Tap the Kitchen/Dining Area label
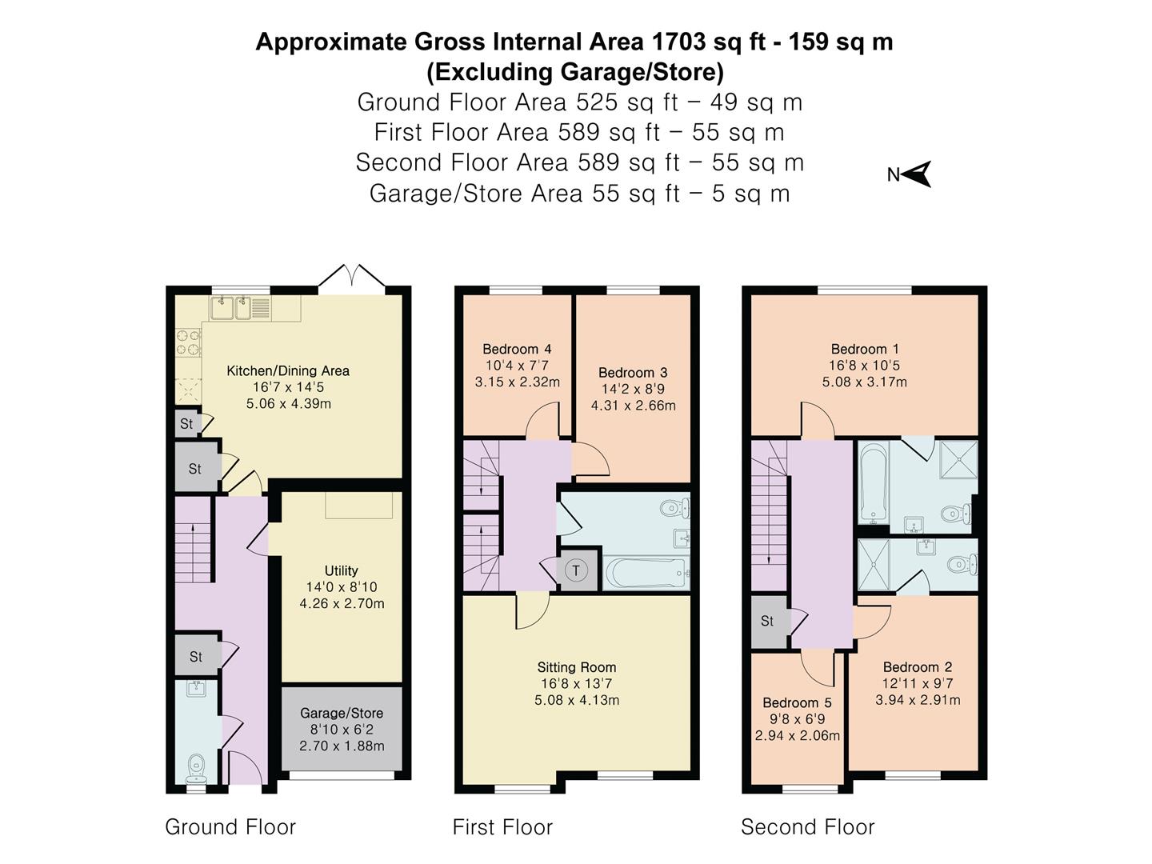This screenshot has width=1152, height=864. (288, 370)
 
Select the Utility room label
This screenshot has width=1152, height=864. (341, 570)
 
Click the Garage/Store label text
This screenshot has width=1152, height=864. (342, 713)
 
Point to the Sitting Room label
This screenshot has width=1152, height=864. (576, 667)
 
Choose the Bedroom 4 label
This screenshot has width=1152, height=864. (517, 349)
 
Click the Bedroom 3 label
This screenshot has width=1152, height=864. (633, 372)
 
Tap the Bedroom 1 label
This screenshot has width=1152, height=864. (864, 349)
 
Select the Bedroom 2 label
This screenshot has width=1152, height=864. (918, 667)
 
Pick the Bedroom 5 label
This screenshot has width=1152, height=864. (797, 702)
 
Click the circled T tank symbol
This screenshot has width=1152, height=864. (576, 570)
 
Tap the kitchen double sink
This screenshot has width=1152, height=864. (232, 307)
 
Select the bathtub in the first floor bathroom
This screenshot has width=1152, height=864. (646, 573)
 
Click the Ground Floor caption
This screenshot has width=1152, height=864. (230, 826)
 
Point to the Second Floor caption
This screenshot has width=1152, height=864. (807, 826)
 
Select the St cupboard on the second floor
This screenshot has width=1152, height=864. (767, 621)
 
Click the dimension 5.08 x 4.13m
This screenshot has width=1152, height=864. (576, 700)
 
